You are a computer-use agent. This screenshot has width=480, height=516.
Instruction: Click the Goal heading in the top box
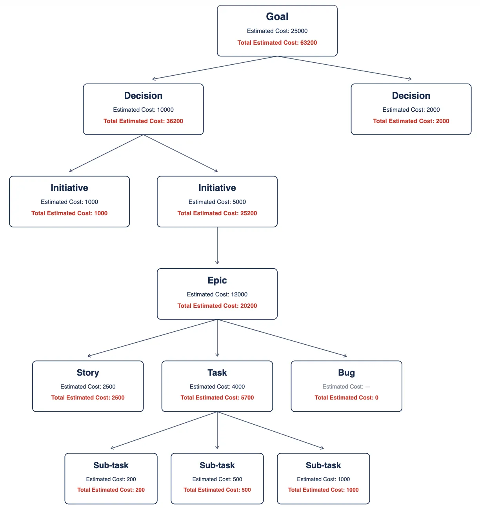click(277, 16)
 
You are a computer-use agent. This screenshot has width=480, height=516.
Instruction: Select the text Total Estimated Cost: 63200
click(277, 43)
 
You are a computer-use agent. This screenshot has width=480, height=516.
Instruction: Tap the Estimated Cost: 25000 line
click(277, 31)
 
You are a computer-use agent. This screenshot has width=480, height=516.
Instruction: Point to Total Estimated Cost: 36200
click(143, 121)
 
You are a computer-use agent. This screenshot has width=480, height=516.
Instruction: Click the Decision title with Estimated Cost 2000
click(411, 96)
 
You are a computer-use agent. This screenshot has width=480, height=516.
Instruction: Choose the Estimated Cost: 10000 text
click(143, 110)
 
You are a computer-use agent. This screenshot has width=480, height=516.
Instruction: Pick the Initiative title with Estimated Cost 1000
click(69, 188)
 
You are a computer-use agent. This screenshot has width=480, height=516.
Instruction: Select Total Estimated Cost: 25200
click(217, 213)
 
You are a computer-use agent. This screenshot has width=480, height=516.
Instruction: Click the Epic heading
click(217, 280)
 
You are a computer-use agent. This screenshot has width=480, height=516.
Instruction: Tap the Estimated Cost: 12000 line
click(217, 294)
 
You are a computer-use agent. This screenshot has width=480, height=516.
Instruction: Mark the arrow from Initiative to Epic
click(217, 245)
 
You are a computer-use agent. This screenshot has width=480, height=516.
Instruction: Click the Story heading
click(88, 372)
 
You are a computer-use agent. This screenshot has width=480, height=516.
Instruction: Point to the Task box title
click(217, 372)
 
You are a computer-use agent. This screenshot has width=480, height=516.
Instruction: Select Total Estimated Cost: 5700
click(217, 398)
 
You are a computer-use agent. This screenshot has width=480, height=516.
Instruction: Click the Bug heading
click(346, 372)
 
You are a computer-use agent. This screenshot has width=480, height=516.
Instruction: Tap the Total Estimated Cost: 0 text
click(346, 398)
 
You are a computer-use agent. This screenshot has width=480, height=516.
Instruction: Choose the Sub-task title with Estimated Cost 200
click(111, 465)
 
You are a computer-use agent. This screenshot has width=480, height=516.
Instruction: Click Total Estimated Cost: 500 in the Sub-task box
click(217, 490)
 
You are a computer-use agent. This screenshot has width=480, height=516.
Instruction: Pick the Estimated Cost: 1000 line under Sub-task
click(323, 479)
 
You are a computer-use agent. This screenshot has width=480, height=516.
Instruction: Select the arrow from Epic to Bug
click(282, 338)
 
